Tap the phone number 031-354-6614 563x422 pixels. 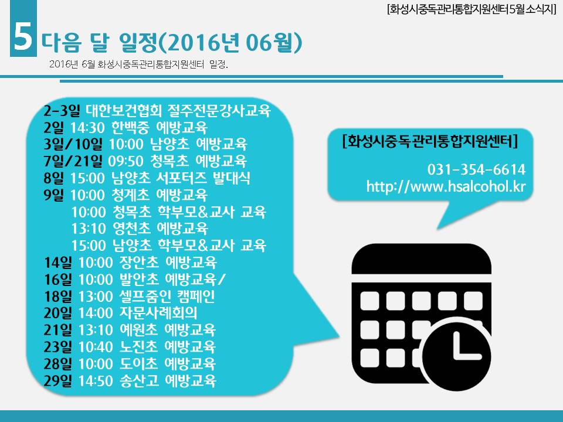[x=476, y=169]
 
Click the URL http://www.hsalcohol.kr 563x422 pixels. [x=446, y=186]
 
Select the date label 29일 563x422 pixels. [x=58, y=380]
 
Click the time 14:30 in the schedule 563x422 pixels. [x=87, y=128]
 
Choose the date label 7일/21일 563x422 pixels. [x=73, y=161]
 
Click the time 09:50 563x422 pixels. [x=126, y=161]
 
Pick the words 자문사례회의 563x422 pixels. [x=158, y=313]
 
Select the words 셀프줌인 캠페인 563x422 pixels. [x=167, y=296]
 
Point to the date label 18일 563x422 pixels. [x=58, y=297]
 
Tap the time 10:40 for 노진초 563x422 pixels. [x=96, y=347]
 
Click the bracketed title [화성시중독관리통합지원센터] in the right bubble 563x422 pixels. [x=430, y=141]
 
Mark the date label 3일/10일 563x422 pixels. [x=73, y=144]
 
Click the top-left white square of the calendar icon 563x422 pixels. [x=369, y=301]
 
